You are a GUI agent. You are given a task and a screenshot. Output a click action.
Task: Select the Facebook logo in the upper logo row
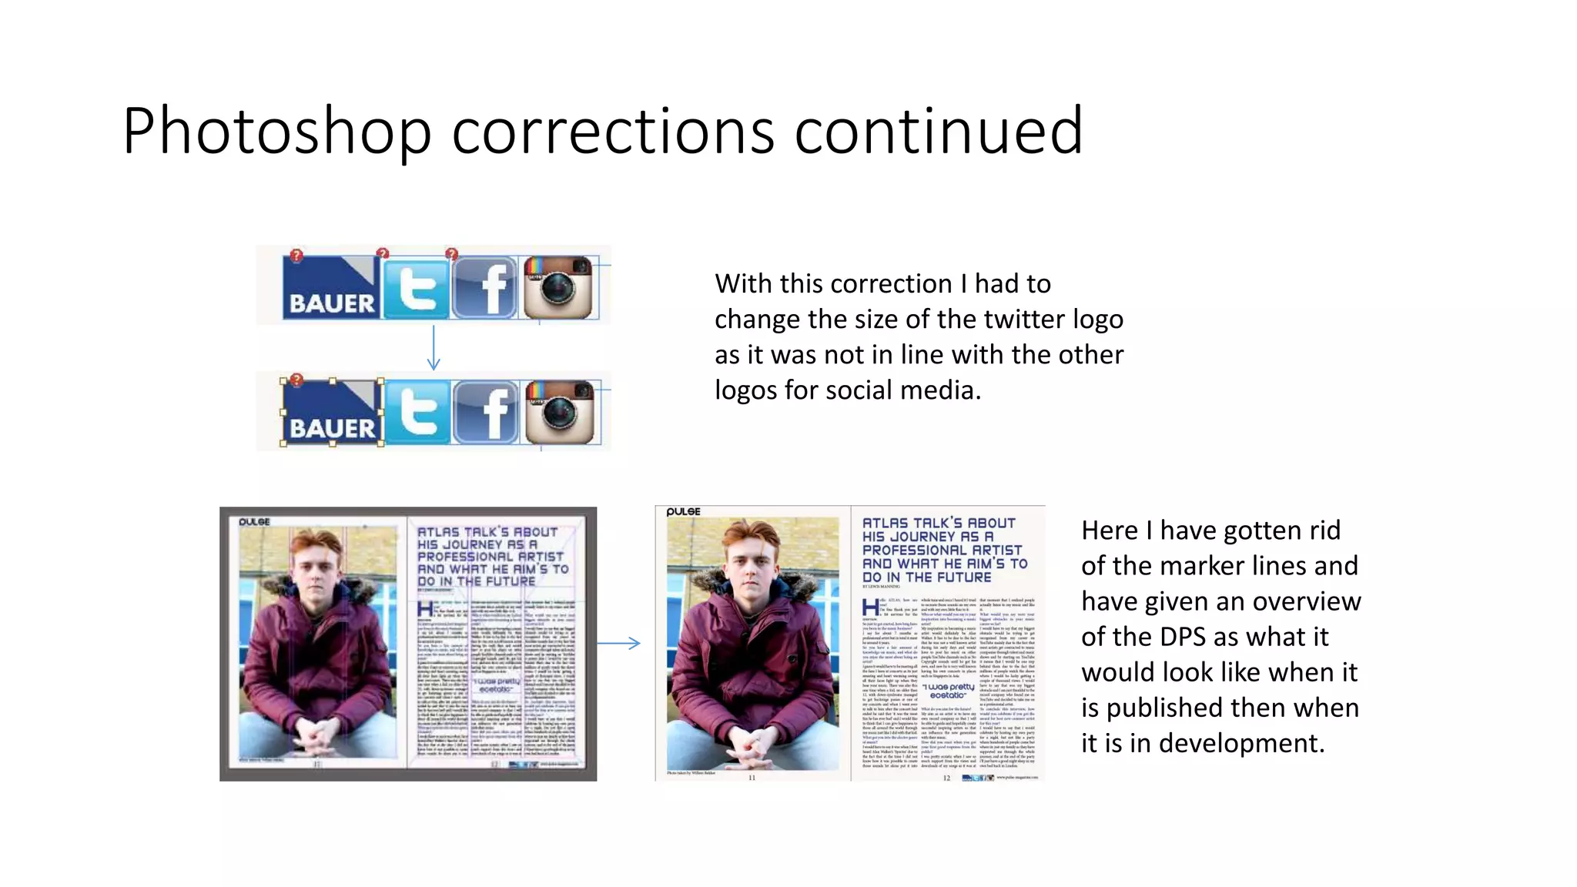pyautogui.click(x=484, y=288)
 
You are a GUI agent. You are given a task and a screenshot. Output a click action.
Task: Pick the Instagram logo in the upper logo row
pyautogui.click(x=557, y=287)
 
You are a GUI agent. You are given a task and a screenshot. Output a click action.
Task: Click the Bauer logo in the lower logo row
pyautogui.click(x=332, y=413)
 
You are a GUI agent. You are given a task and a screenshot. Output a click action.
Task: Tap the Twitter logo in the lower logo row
pyautogui.click(x=417, y=413)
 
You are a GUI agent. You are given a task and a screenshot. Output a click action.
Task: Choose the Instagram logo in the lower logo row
pyautogui.click(x=561, y=413)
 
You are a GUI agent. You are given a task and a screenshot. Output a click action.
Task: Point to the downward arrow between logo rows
pyautogui.click(x=434, y=348)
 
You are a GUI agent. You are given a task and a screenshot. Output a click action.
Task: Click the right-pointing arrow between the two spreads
pyautogui.click(x=619, y=643)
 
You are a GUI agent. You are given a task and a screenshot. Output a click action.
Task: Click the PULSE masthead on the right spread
pyautogui.click(x=683, y=511)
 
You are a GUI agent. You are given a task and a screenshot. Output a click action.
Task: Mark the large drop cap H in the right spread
pyautogui.click(x=870, y=608)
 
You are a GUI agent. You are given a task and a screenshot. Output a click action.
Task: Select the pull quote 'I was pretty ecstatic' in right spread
pyautogui.click(x=948, y=691)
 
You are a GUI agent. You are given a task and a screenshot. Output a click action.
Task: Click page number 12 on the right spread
pyautogui.click(x=946, y=778)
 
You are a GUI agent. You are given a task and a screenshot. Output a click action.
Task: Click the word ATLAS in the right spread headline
pyautogui.click(x=886, y=524)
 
